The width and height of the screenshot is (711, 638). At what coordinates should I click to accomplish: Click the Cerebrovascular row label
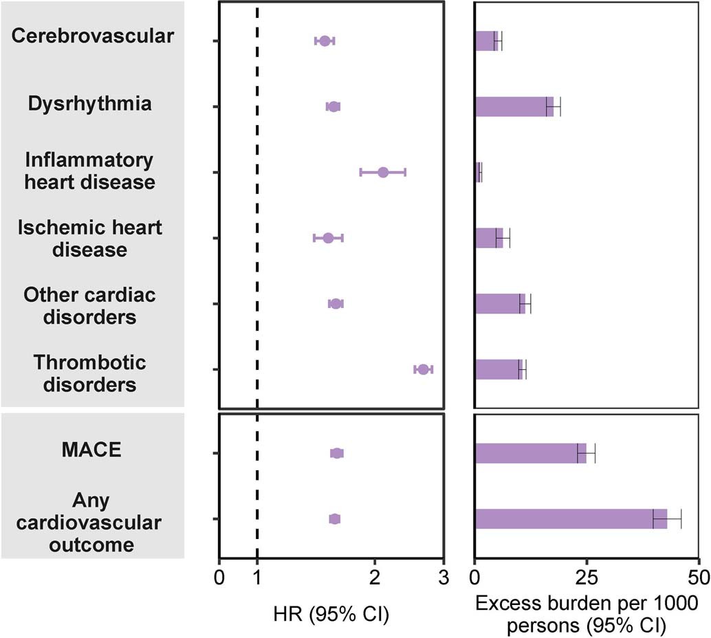(x=93, y=36)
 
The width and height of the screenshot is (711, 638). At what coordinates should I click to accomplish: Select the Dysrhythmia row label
(x=90, y=104)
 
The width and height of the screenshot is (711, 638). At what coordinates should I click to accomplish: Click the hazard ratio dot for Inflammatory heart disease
(x=383, y=172)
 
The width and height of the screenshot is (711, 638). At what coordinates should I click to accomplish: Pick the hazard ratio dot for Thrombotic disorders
(x=423, y=369)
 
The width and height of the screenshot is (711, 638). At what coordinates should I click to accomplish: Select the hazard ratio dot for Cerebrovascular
(x=325, y=41)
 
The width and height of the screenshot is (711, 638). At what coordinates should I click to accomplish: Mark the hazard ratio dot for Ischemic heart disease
(x=328, y=238)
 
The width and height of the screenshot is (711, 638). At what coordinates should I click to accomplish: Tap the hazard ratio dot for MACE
(x=337, y=453)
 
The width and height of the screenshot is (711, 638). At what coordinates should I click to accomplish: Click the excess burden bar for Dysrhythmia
(x=512, y=107)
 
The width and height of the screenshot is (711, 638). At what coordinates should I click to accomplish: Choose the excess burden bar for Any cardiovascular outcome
(x=569, y=518)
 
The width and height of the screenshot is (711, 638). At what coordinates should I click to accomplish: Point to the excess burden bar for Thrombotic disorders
(x=498, y=369)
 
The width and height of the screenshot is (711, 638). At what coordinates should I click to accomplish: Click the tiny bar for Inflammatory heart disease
(x=478, y=172)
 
